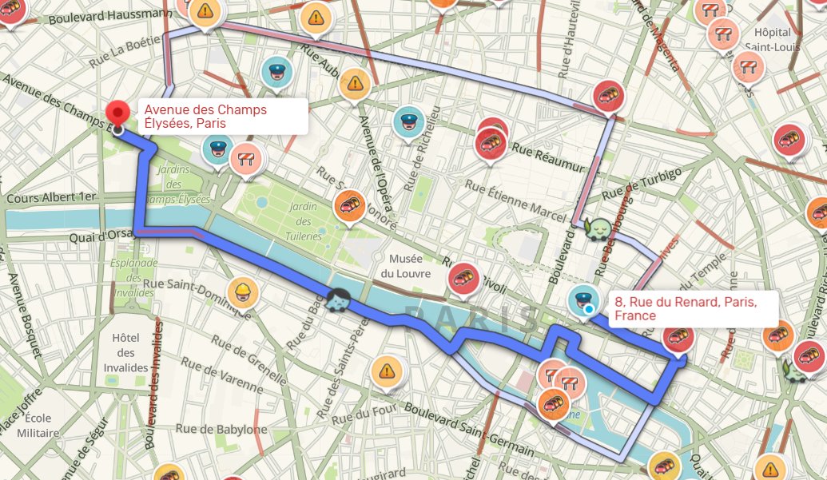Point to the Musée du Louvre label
[410, 266]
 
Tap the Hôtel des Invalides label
[131, 352]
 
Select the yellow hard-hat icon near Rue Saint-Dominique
[241, 293]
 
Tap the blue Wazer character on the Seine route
[337, 301]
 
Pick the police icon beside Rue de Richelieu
[408, 121]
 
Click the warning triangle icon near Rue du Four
[387, 370]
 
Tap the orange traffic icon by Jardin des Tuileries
[349, 205]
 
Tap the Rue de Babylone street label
[231, 429]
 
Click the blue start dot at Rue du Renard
[589, 308]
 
